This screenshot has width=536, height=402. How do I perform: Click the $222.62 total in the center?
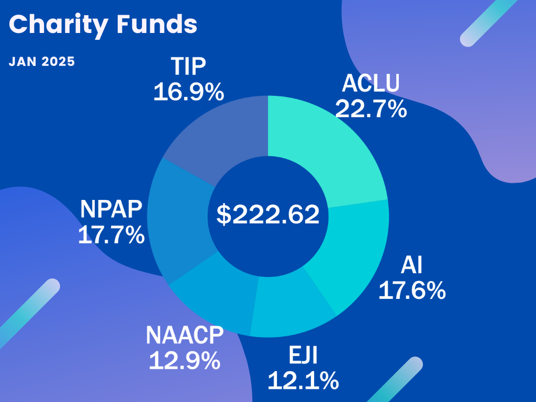point(268,215)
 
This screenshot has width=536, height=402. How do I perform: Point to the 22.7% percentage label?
point(371,109)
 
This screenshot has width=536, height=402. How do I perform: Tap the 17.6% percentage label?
point(412,291)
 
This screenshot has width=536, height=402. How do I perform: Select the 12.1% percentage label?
point(303,381)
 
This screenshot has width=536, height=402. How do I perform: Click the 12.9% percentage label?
point(184,361)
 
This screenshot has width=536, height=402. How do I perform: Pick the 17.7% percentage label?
point(111,235)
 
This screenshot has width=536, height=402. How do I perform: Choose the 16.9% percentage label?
point(189,92)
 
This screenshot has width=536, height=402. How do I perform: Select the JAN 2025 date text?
point(42,61)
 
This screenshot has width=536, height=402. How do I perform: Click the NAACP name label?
point(185,335)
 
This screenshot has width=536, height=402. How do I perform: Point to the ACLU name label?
point(371,84)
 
